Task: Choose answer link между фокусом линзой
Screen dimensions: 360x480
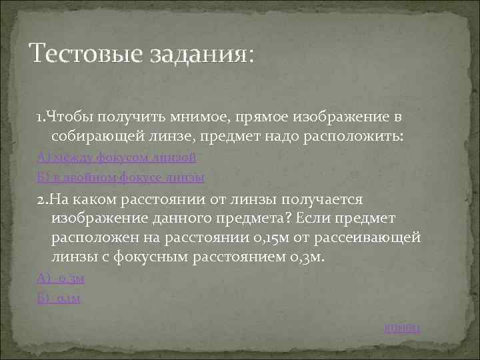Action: (x=117, y=158)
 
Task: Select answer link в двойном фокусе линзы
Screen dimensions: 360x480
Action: (x=121, y=178)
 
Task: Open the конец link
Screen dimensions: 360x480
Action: (x=403, y=327)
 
